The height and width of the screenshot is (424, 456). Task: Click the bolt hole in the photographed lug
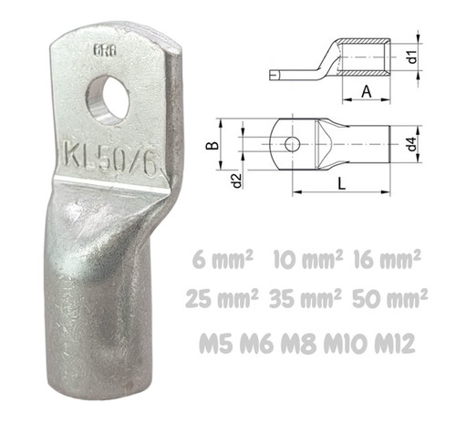click(109, 99)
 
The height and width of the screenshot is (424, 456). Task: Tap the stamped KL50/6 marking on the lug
click(110, 159)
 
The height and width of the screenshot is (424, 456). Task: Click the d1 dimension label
click(412, 57)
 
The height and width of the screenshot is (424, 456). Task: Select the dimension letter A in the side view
click(367, 91)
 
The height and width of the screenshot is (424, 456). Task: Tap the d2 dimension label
click(237, 181)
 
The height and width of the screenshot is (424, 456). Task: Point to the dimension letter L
click(342, 184)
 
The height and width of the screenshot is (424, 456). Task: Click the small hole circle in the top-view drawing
click(293, 144)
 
